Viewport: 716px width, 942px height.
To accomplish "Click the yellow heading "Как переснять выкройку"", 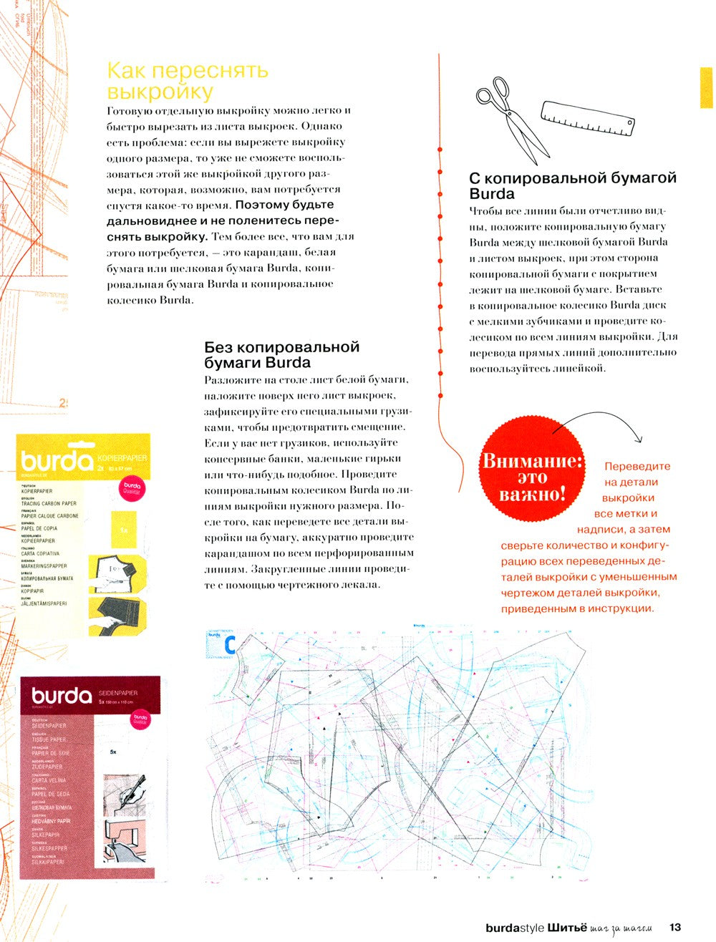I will pyautogui.click(x=187, y=81).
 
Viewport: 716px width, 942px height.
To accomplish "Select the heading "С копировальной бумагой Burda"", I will pyautogui.click(x=572, y=185).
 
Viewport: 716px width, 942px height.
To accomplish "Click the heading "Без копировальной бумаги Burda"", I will pyautogui.click(x=281, y=354).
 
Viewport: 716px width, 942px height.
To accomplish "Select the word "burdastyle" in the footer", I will pyautogui.click(x=515, y=929).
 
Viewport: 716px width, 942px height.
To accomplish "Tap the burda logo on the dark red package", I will pyautogui.click(x=62, y=695).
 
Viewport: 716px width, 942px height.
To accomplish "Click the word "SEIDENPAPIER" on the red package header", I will pyautogui.click(x=117, y=692).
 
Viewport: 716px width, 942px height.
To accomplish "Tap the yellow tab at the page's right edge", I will pyautogui.click(x=707, y=88).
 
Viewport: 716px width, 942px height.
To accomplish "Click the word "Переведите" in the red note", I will pyautogui.click(x=637, y=467).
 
